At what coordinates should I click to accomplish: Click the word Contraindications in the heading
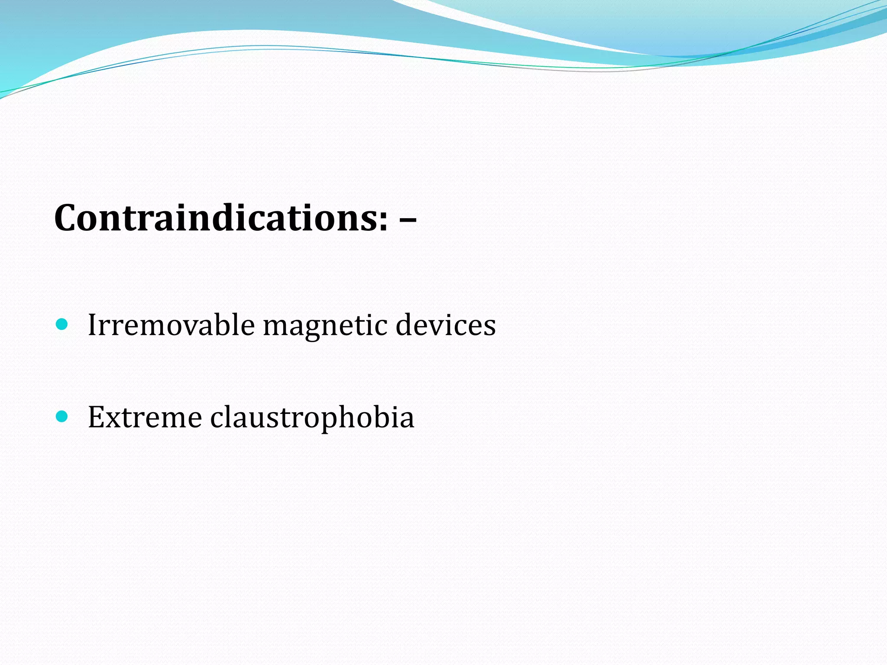coord(220,218)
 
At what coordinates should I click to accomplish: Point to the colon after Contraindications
coord(383,222)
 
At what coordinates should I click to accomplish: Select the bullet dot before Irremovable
coord(62,324)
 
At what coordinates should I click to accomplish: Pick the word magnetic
coord(325,326)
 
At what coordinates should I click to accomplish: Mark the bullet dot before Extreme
coord(62,416)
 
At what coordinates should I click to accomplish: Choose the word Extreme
coord(145,417)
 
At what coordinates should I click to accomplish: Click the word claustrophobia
coord(312,418)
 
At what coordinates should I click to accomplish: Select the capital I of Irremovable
coord(92,325)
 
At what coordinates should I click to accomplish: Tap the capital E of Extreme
coord(96,417)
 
